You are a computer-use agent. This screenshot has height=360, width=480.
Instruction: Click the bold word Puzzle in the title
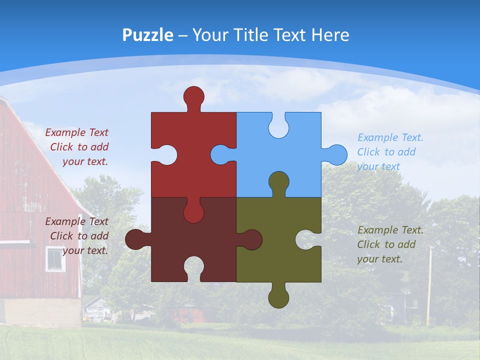[147, 35]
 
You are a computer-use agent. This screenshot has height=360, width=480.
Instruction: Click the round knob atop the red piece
[193, 96]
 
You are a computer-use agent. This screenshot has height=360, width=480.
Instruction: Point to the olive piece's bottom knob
[278, 297]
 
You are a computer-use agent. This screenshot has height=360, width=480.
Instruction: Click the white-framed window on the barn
[55, 258]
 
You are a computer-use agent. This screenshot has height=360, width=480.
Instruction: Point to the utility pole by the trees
[429, 285]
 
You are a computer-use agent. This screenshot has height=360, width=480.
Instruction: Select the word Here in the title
[330, 35]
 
